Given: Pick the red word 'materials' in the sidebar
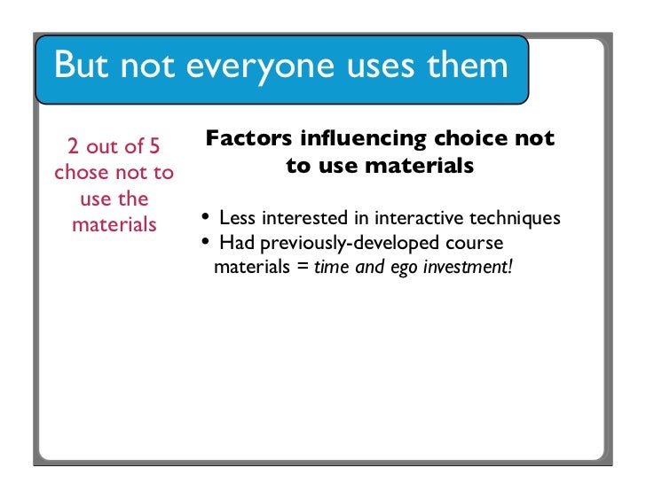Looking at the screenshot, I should pos(114,223).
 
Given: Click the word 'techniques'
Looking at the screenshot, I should pos(515,218).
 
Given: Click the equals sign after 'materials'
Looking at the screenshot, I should pos(303,266).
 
